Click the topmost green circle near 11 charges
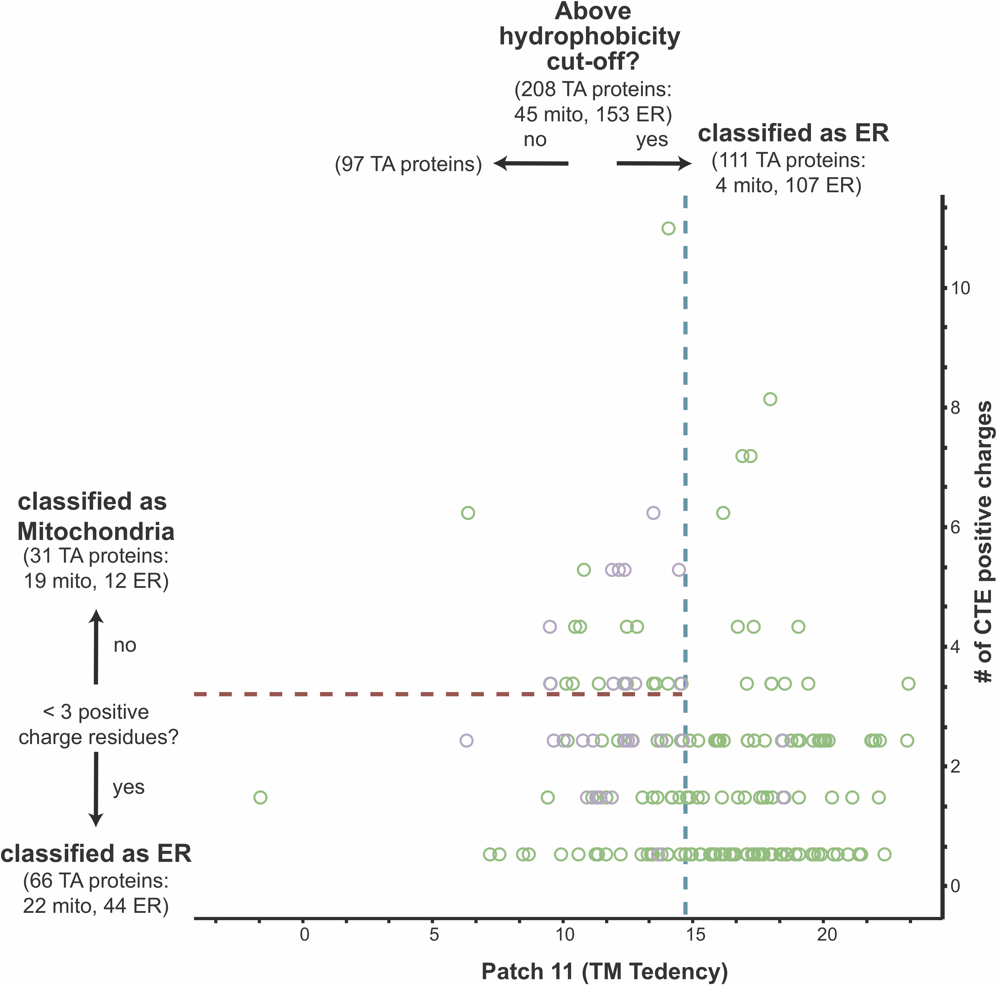click(668, 229)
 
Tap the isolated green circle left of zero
click(260, 797)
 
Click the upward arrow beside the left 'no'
click(96, 646)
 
